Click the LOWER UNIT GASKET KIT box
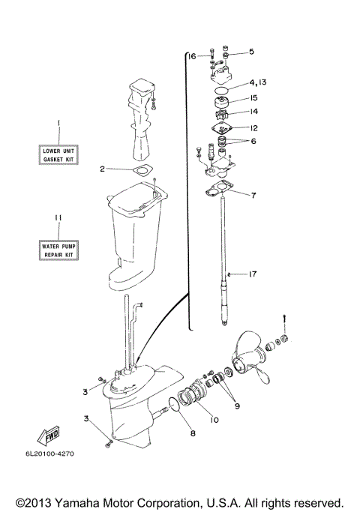point(59,156)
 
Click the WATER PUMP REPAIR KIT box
point(59,250)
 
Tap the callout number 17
point(253,274)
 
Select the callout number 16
point(191,56)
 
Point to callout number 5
point(252,52)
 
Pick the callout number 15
point(253,97)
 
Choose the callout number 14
point(253,112)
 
